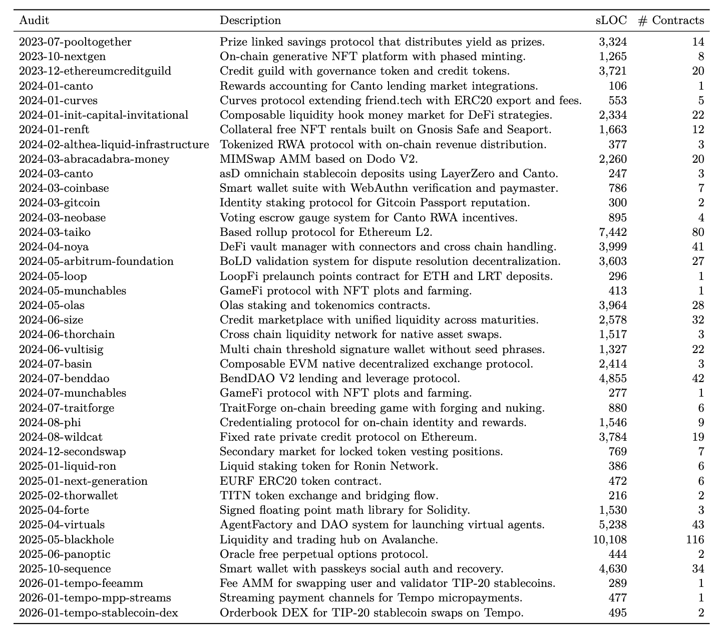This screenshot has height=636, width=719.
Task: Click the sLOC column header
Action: click(611, 21)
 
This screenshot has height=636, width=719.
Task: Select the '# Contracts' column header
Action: click(671, 21)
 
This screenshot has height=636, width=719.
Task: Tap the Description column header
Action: click(250, 21)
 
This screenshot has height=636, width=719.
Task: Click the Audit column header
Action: click(34, 21)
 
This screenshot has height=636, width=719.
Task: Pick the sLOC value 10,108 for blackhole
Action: click(609, 539)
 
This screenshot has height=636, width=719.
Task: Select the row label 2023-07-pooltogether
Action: click(75, 42)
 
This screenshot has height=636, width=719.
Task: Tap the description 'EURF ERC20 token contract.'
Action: click(300, 481)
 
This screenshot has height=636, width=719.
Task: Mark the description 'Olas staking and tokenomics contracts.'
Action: click(325, 305)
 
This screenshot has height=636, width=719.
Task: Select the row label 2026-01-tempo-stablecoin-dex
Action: click(99, 612)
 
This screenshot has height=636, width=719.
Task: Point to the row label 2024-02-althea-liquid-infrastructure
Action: click(114, 145)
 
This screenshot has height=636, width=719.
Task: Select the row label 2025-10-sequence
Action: click(65, 568)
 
